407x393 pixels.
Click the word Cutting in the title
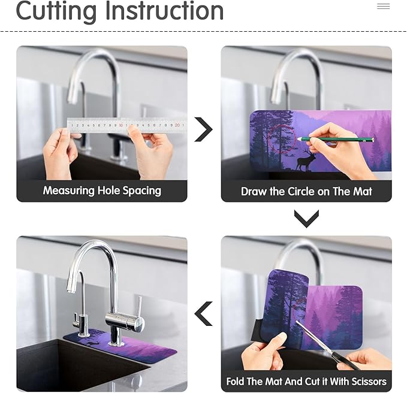[x=56, y=11]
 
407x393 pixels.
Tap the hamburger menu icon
[x=384, y=6]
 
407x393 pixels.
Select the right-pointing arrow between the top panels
[x=204, y=129]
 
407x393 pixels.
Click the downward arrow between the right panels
[x=306, y=219]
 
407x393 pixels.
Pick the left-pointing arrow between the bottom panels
[x=204, y=314]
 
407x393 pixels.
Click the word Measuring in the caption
[x=68, y=191]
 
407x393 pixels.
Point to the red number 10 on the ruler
[x=120, y=125]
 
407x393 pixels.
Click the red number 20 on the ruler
[x=177, y=125]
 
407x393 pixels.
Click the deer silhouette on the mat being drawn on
[x=306, y=161]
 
